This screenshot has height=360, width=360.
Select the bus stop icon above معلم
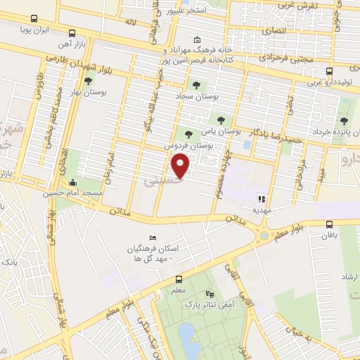[179, 278]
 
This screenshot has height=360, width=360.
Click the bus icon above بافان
[330, 225]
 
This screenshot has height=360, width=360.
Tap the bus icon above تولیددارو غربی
[330, 72]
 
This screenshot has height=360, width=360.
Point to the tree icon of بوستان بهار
[88, 82]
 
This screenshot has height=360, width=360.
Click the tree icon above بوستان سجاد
[205, 84]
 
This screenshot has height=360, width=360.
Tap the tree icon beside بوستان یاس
[221, 120]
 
